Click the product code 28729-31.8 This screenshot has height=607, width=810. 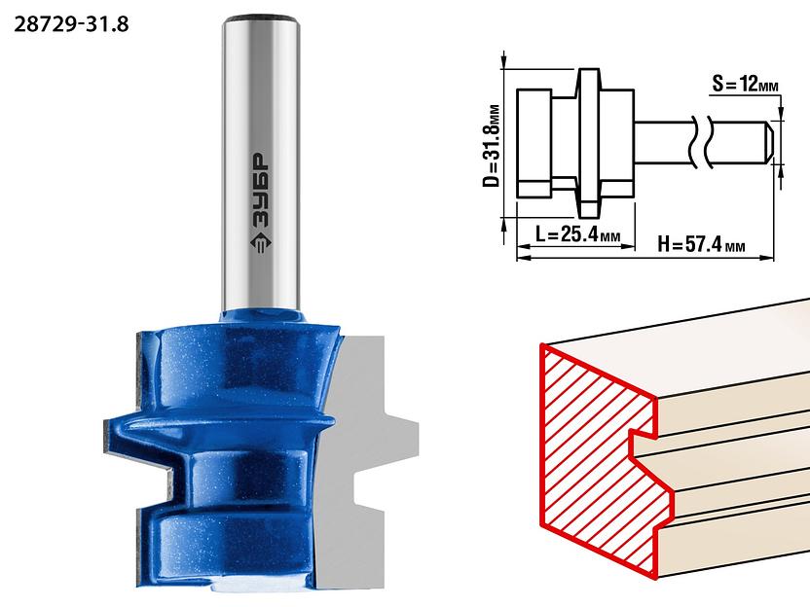[71, 24]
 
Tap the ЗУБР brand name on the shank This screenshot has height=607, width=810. [261, 191]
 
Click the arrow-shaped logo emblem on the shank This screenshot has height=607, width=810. [261, 243]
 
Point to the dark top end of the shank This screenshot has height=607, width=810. [261, 19]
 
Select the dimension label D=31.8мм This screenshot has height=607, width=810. [492, 146]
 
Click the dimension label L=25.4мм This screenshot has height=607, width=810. [577, 234]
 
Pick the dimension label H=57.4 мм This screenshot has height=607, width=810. [701, 243]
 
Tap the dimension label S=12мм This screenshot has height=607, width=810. [745, 83]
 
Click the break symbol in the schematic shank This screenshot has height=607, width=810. [702, 143]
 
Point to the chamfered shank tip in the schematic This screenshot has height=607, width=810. [769, 143]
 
